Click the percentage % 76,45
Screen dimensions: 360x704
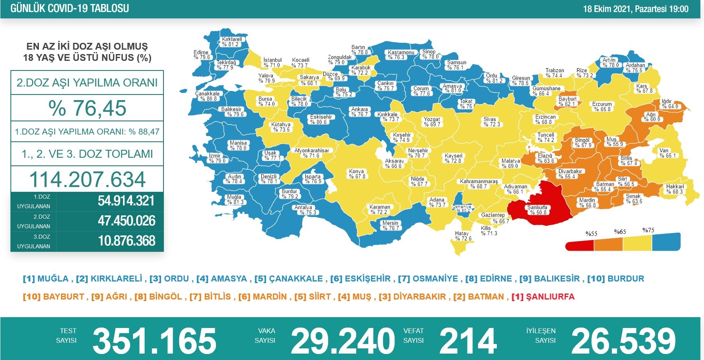tap(87, 108)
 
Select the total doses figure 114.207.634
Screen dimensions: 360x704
tap(87, 179)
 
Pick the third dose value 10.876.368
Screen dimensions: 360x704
tap(126, 241)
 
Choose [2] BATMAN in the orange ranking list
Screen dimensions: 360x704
tap(478, 297)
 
